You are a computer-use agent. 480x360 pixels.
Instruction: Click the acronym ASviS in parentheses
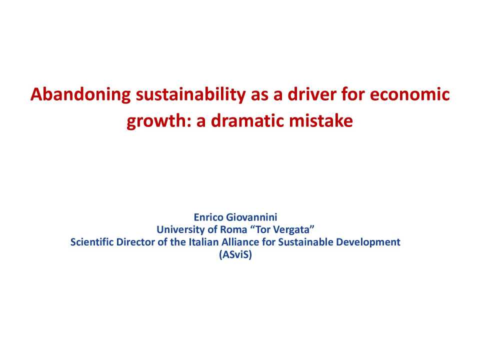point(239,254)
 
